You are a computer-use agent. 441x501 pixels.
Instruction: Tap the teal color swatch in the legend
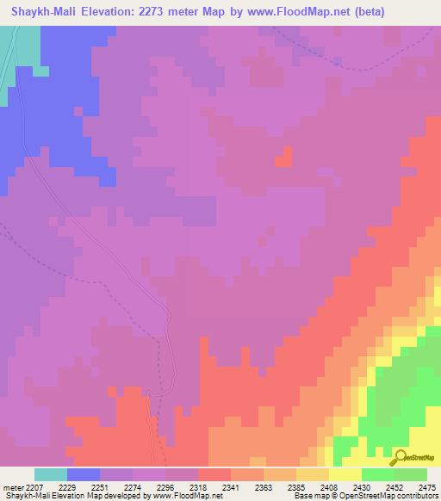[x=50, y=474]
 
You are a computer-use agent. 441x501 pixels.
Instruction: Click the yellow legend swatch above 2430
[x=345, y=474]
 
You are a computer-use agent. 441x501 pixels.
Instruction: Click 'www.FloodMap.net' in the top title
[x=297, y=11]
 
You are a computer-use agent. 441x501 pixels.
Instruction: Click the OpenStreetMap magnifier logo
[x=400, y=458]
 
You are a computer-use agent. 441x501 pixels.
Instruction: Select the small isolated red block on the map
[x=283, y=156]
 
